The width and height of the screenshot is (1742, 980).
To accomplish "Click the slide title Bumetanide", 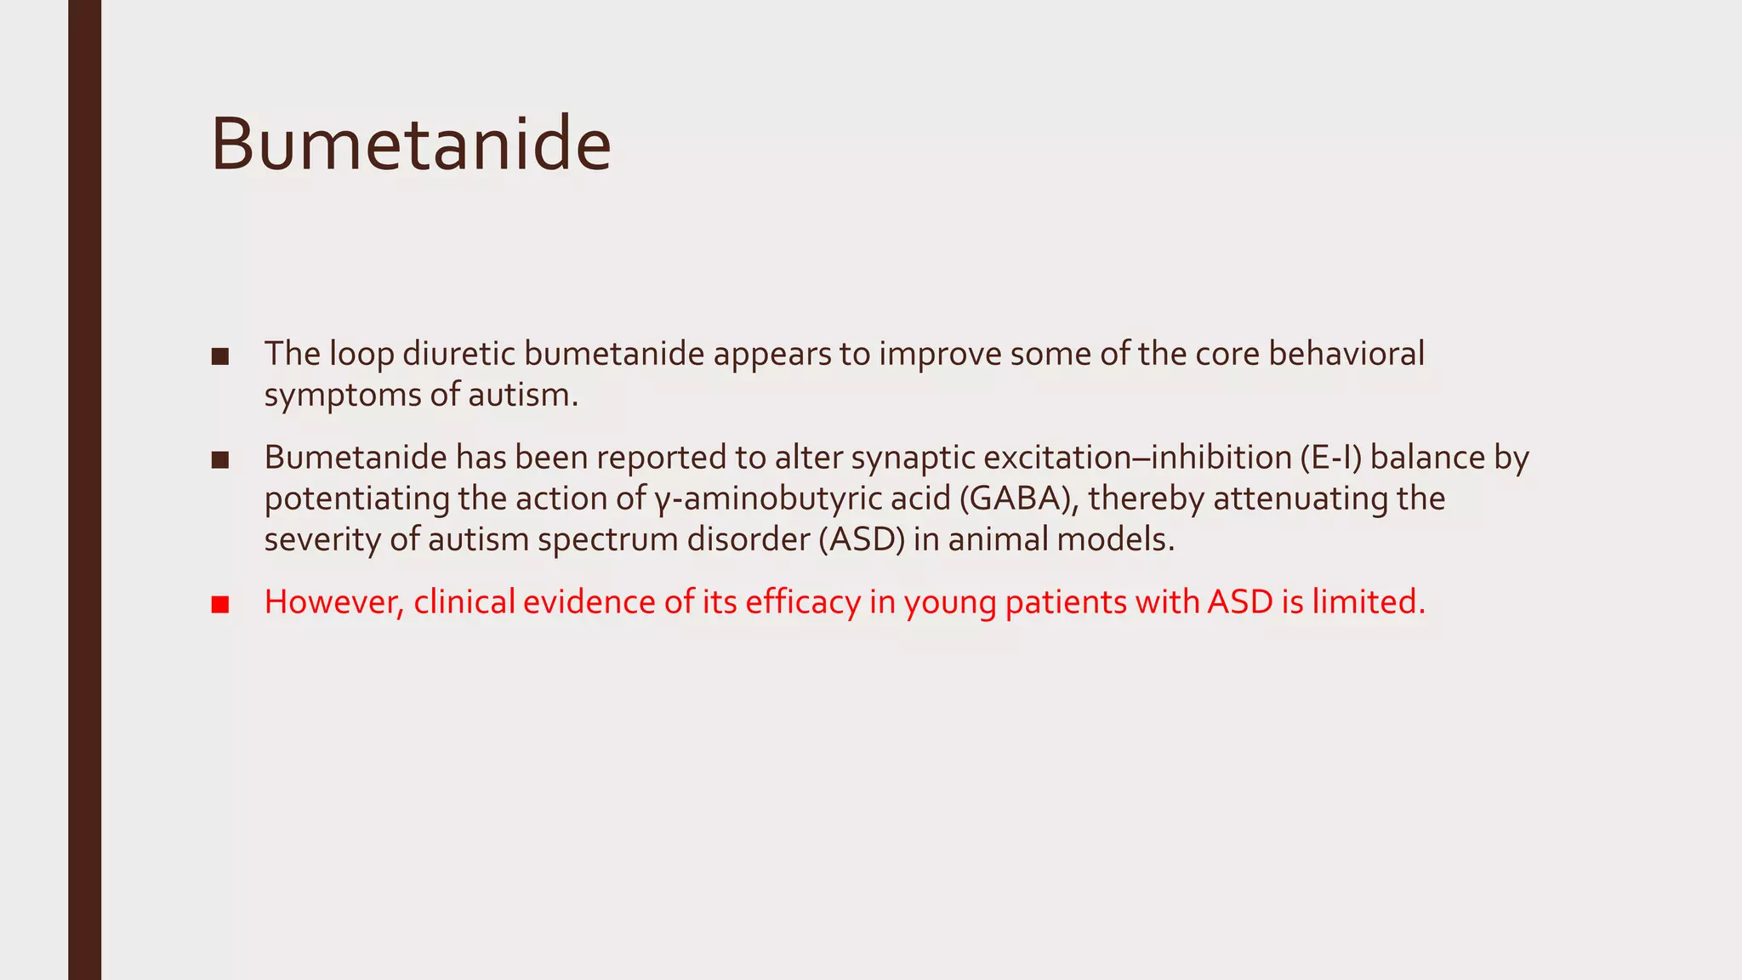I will tap(411, 145).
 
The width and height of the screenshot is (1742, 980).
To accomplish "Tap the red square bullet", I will tap(220, 605).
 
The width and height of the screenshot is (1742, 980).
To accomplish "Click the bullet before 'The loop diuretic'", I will tap(220, 356).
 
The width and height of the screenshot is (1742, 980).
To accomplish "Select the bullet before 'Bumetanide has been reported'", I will tap(220, 460).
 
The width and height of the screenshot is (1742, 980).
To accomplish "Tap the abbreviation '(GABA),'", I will tap(1019, 499).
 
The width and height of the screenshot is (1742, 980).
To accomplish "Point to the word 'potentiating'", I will tap(356, 499).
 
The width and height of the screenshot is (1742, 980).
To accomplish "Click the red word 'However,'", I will tap(334, 602).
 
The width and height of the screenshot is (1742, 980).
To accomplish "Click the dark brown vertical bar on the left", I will tap(84, 490).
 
